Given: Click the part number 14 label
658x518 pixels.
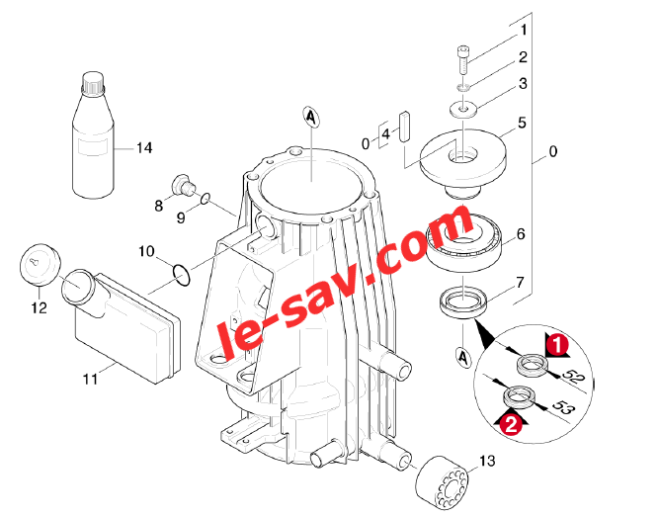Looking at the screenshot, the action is tap(144, 147).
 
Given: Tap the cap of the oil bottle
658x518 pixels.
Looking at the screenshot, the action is tap(93, 83).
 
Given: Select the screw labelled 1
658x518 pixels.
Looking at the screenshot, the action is tap(463, 58).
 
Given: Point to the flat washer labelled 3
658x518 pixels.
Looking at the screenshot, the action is tap(463, 110).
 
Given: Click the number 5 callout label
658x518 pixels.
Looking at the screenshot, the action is tap(522, 123).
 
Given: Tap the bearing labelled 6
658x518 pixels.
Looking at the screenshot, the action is tap(463, 242).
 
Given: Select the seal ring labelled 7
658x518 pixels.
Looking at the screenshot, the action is tap(463, 302).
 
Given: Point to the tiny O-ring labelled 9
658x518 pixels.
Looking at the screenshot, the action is tap(205, 199).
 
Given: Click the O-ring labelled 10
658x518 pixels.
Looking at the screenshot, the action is tap(181, 276).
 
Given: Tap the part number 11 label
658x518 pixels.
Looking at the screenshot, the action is tap(90, 379).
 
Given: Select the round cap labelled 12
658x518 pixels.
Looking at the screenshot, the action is tap(40, 265).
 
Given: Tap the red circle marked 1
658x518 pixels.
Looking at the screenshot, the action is tap(557, 345).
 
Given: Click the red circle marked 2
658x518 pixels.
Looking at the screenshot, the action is tap(510, 425).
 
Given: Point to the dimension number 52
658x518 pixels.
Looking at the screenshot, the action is tap(572, 376).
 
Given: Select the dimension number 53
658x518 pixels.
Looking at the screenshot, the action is tap(562, 407).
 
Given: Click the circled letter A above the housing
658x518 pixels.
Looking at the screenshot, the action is tap(310, 117).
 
